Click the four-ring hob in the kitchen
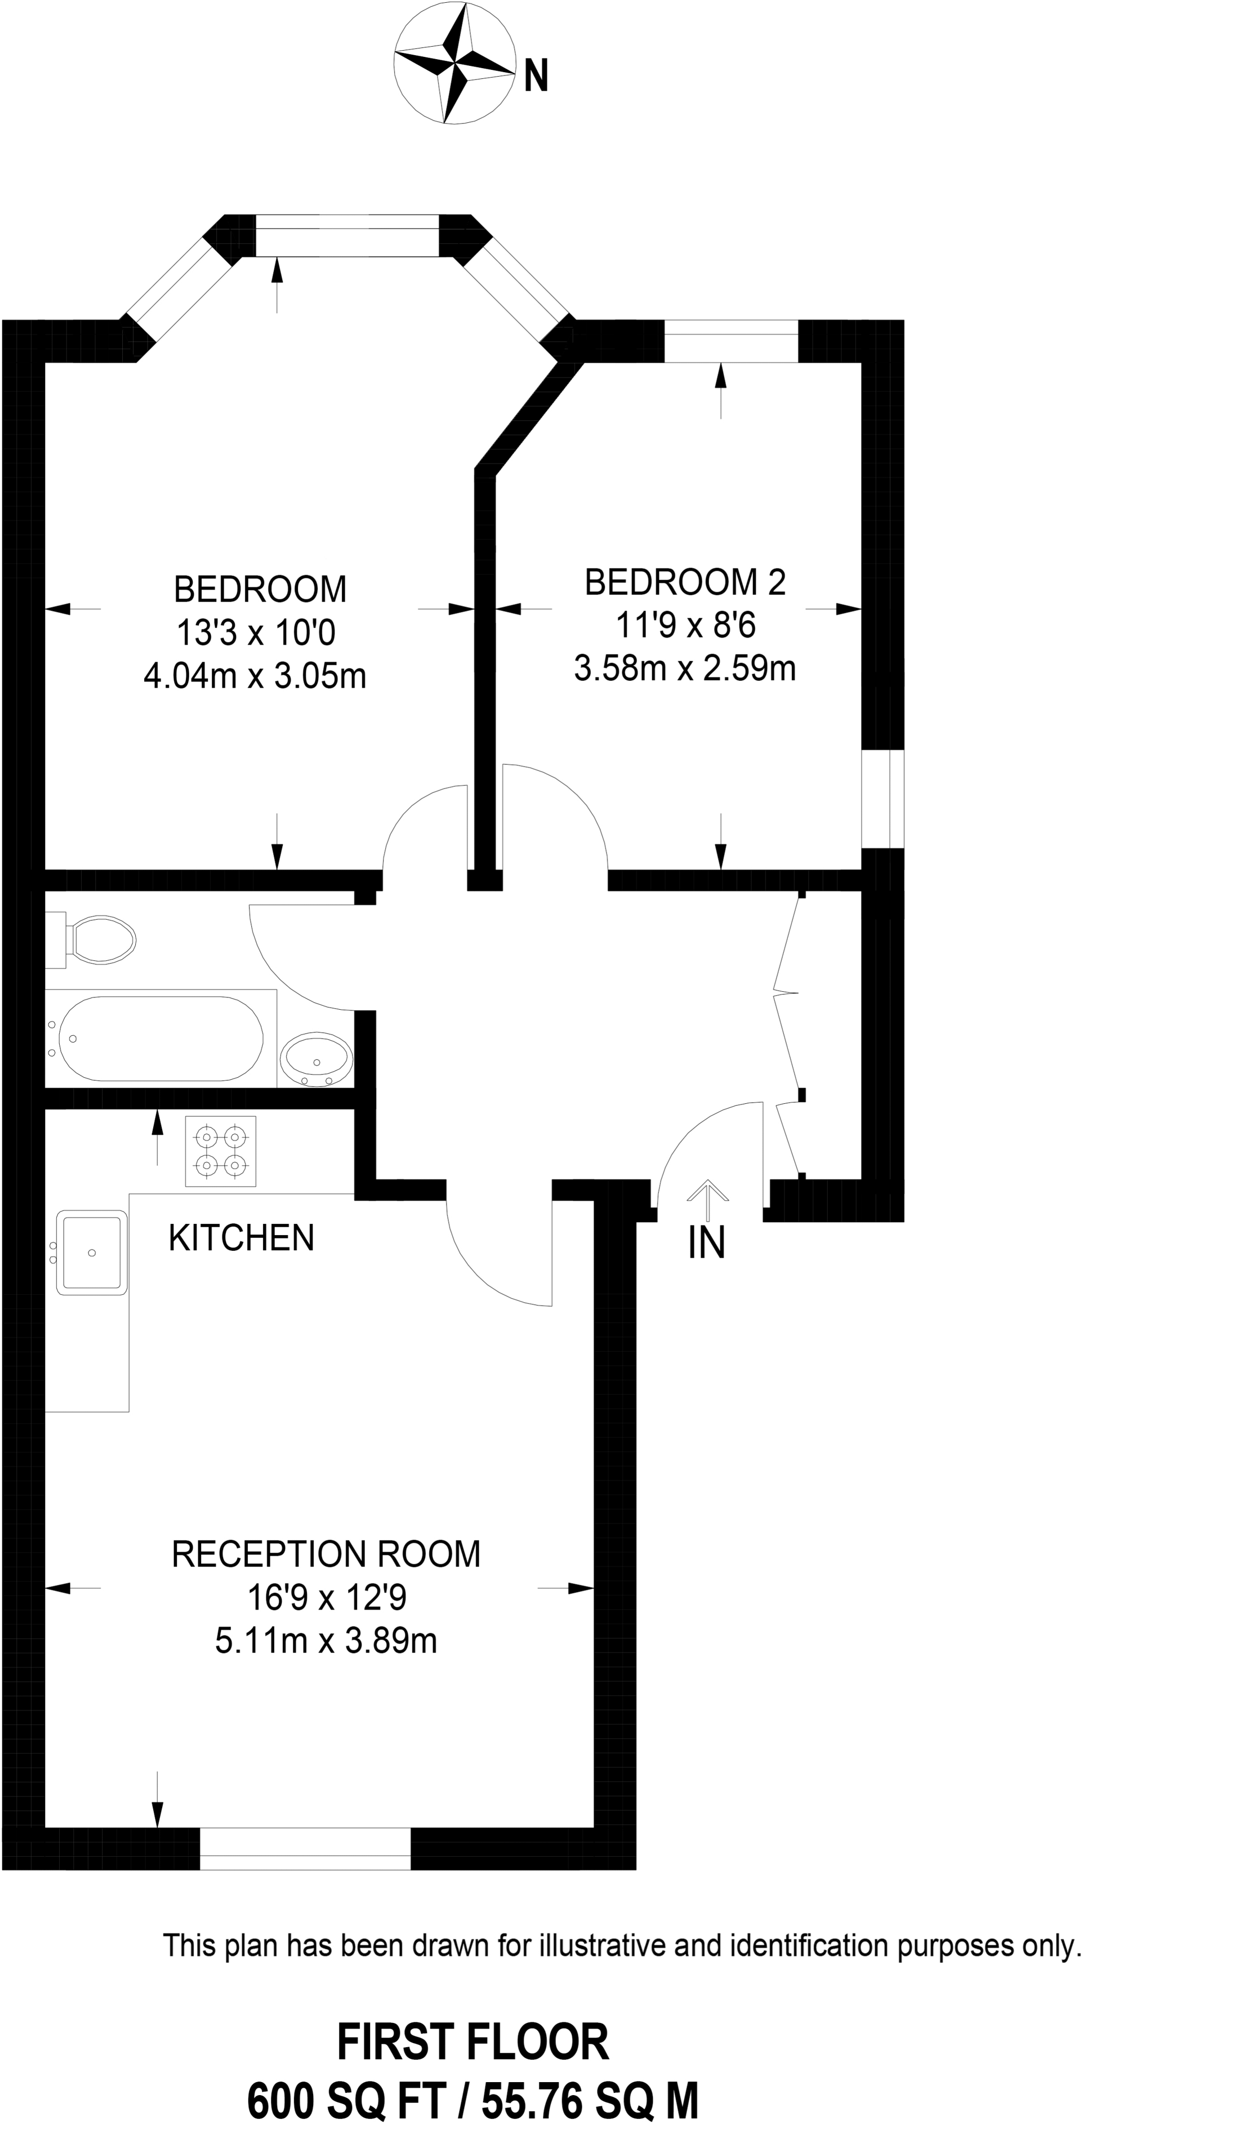pos(220,1150)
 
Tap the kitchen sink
pos(91,1253)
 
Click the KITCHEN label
pos(242,1238)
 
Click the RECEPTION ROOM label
pos(326,1553)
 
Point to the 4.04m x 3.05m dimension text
pos(255,676)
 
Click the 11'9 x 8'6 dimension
pos(686,626)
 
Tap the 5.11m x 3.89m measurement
pos(326,1640)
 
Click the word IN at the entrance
pos(706,1244)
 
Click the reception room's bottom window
pos(305,1848)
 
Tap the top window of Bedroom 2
pos(731,341)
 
